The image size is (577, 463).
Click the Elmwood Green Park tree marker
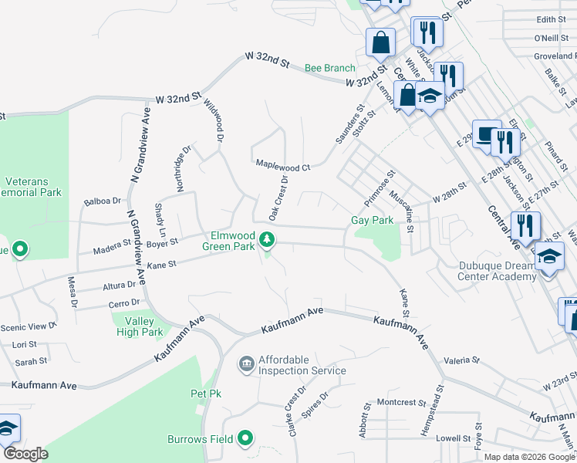click(267, 240)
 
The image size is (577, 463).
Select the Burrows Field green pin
click(246, 440)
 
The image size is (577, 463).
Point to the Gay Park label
click(373, 220)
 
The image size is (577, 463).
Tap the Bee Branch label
click(329, 68)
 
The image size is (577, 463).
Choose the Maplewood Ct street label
click(282, 166)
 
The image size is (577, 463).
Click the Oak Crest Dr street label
click(278, 197)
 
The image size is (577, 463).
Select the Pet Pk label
click(206, 394)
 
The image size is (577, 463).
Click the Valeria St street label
click(461, 360)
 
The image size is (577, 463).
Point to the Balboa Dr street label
click(103, 201)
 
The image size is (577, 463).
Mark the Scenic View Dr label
click(29, 326)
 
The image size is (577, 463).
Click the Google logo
click(25, 454)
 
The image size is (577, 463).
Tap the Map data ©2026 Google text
click(529, 457)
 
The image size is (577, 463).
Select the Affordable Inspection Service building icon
click(246, 363)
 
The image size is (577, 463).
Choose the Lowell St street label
click(447, 438)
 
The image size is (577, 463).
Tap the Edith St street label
click(551, 19)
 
